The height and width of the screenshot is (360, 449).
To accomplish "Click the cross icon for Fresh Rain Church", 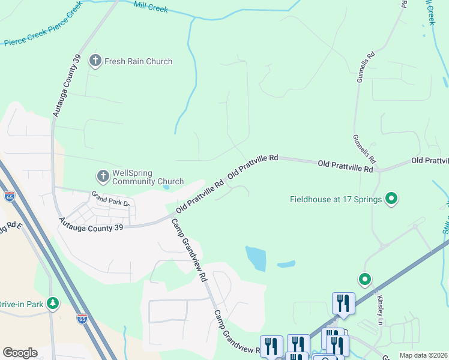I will coord(95,61).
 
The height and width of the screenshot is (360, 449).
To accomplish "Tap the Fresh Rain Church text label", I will coord(138,61).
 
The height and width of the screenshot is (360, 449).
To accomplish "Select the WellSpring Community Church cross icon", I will coord(103,176).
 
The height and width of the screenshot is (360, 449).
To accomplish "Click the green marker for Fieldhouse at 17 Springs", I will coord(391,198).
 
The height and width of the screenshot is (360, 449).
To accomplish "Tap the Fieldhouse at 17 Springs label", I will coord(336,199).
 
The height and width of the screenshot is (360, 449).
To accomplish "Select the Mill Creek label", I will coord(151,7).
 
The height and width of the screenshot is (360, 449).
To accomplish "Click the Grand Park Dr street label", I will coord(110,199).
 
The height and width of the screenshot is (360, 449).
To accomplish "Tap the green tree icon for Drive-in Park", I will coord(54,304).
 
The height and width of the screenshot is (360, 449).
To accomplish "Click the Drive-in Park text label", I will coord(22,304).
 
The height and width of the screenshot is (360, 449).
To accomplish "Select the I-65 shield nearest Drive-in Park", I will coord(82,318).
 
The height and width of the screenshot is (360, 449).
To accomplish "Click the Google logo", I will coord(20,353).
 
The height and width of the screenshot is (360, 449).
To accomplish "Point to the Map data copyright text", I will coord(424,355).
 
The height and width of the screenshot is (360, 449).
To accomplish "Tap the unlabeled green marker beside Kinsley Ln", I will coord(364,279).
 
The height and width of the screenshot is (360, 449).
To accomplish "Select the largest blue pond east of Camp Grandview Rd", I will coord(256,258).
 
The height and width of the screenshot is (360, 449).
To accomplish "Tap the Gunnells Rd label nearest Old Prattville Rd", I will coord(364,149).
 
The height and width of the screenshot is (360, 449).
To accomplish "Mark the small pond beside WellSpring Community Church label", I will coord(166,187).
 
